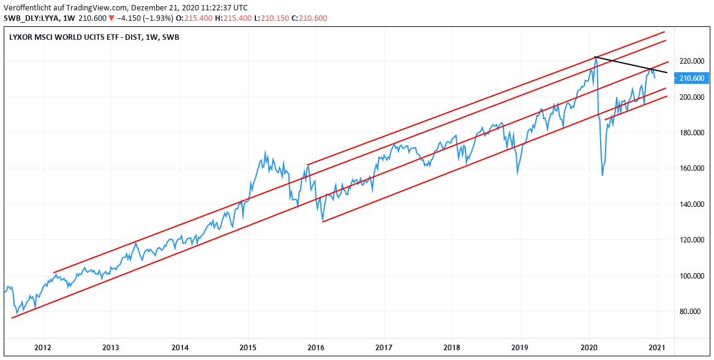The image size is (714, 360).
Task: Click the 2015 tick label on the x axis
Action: [248, 348]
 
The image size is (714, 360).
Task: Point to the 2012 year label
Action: [42, 348]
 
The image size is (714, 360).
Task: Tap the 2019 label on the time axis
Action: [519, 348]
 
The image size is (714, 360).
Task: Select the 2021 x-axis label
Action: [656, 348]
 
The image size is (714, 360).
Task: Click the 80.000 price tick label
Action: [690, 311]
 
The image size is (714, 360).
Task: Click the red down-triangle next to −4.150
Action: [112, 18]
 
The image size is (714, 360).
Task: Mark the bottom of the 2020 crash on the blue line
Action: [603, 175]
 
